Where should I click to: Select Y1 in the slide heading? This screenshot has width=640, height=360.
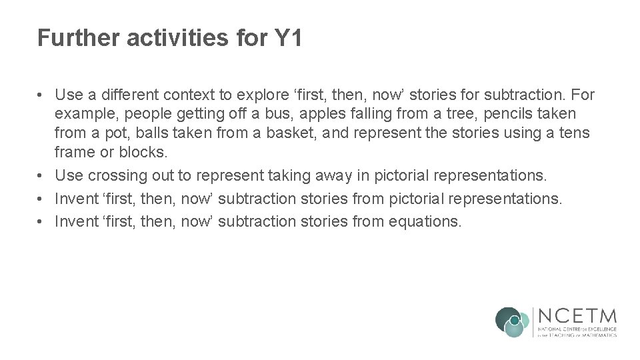(288, 38)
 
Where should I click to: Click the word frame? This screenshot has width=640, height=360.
(75, 152)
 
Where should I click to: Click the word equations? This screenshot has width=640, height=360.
(426, 221)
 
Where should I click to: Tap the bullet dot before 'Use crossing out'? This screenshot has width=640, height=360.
(41, 175)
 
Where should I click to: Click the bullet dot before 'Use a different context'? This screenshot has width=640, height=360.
(41, 95)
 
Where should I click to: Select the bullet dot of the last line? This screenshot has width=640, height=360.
(41, 221)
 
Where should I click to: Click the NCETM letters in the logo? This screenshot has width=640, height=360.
(577, 316)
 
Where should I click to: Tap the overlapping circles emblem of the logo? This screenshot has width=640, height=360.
(512, 322)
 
